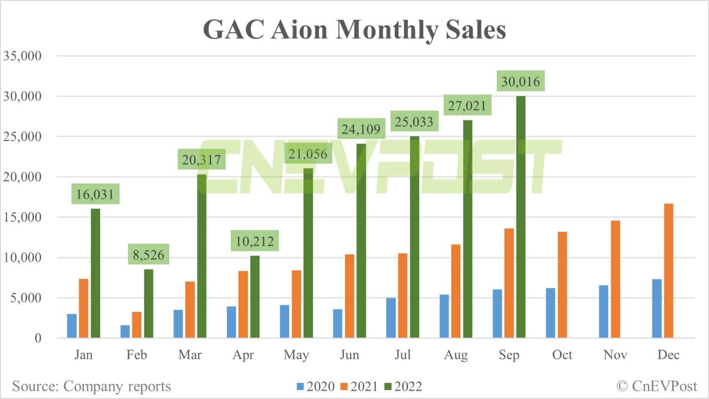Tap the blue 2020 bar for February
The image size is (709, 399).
[125, 331]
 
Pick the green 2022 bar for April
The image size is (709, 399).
[255, 296]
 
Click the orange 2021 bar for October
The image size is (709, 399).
[562, 285]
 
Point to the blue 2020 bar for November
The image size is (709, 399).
[604, 312]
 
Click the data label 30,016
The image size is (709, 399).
[520, 81]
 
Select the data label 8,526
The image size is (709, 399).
[148, 255]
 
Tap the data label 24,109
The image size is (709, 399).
[361, 129]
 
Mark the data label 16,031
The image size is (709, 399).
[95, 194]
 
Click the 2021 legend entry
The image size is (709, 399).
[359, 387]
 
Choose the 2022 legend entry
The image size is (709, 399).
[403, 387]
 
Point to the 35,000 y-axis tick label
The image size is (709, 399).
[23, 56]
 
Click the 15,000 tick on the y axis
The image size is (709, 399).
[23, 217]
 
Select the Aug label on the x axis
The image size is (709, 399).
[456, 355]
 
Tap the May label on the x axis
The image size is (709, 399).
[296, 355]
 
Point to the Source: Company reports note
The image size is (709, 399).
[91, 386]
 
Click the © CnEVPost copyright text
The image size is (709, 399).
[657, 386]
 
